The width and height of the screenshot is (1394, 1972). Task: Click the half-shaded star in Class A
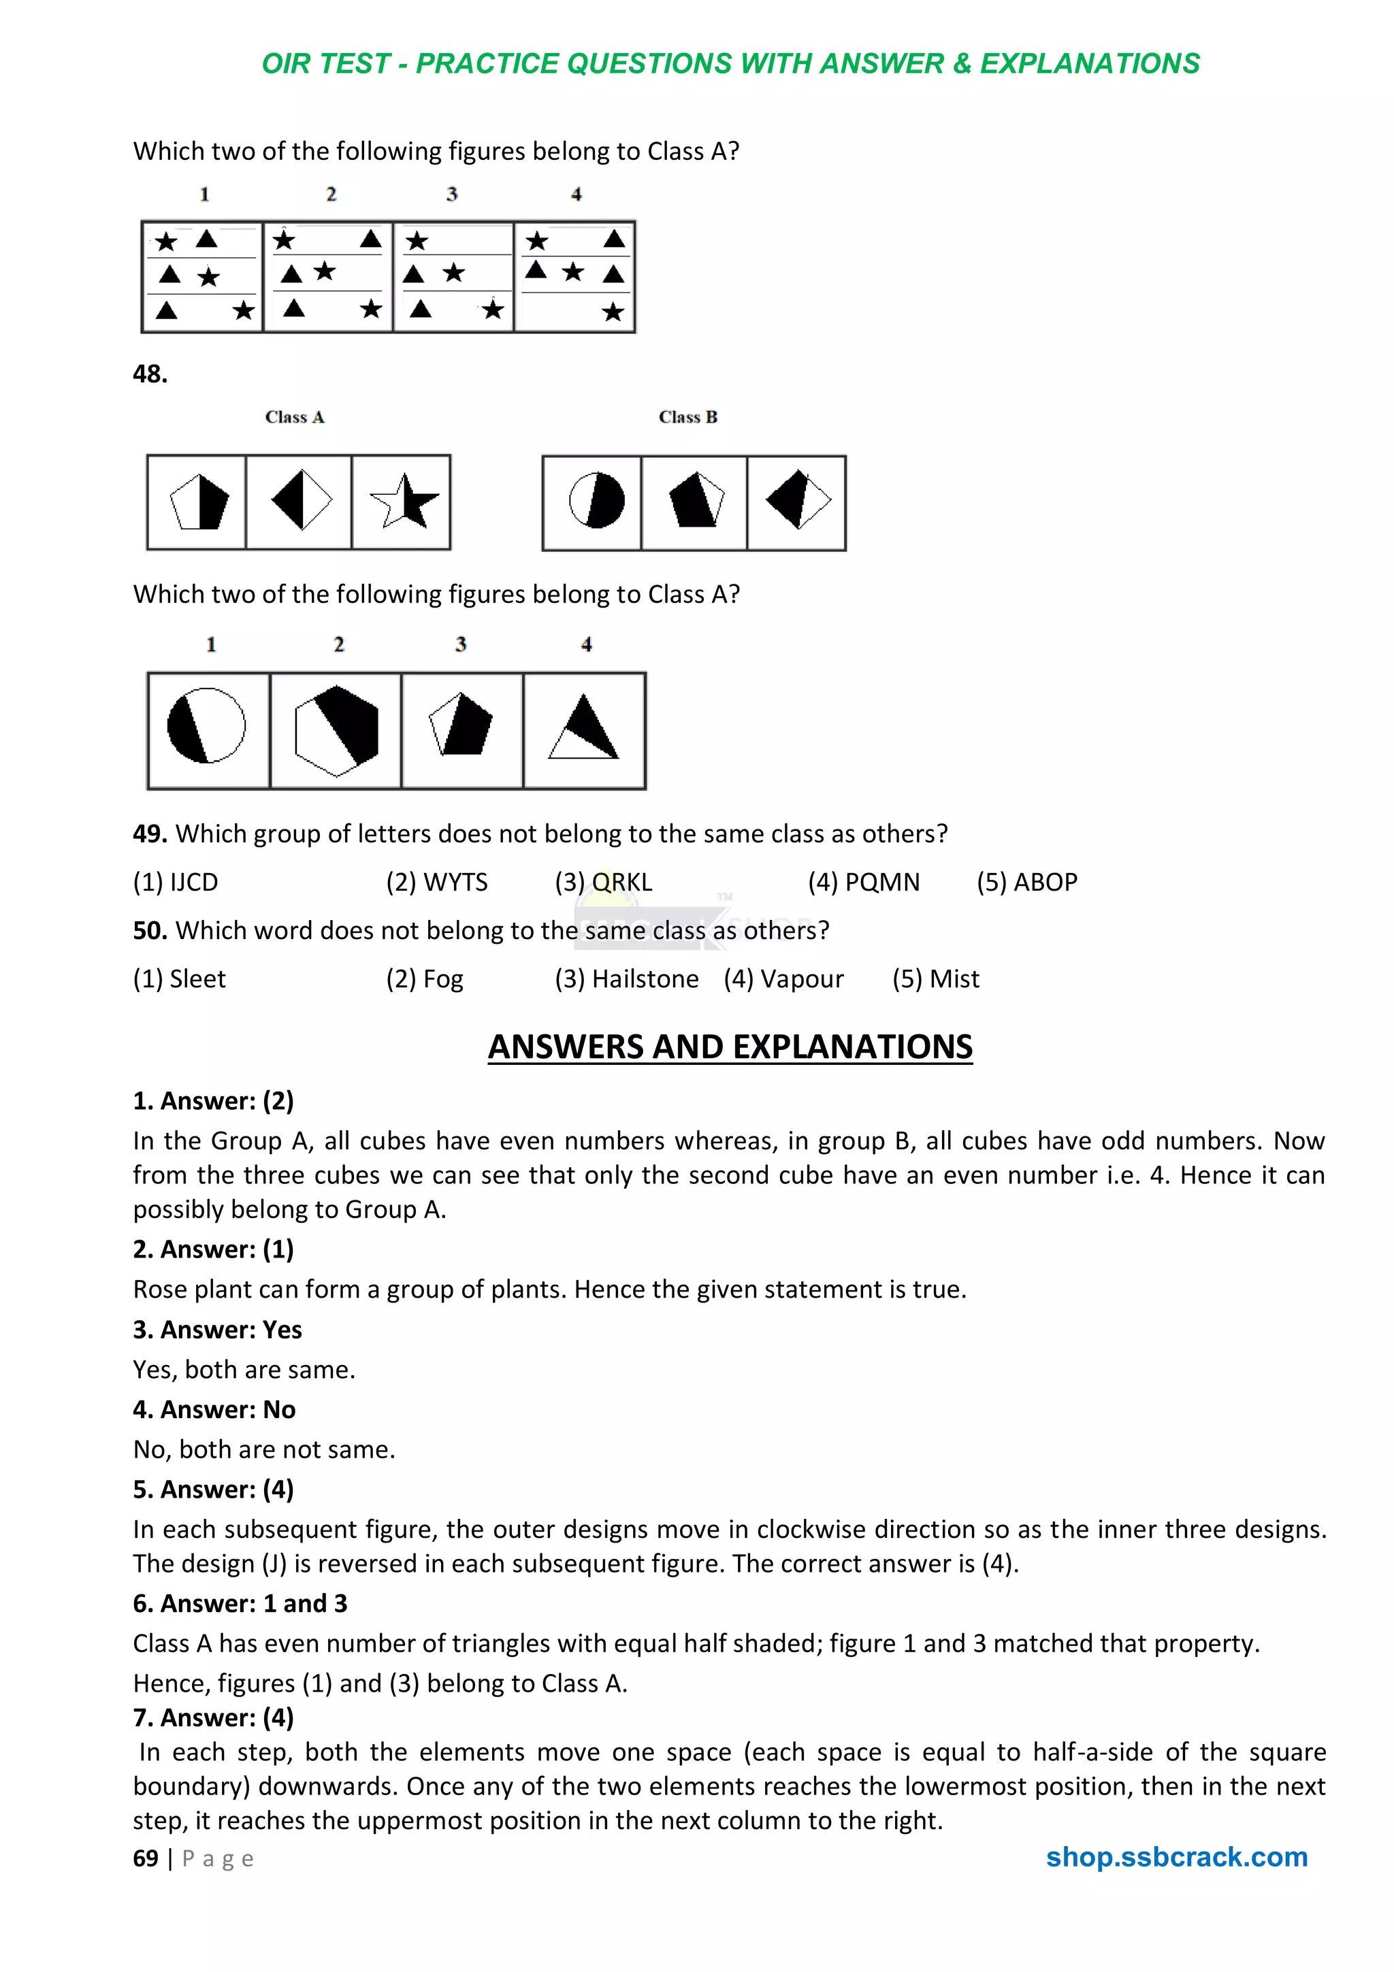(x=403, y=501)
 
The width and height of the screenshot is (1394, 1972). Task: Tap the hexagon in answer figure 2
(x=336, y=730)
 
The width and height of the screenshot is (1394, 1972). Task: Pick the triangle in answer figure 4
(x=584, y=730)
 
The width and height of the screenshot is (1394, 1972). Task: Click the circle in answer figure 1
(x=206, y=726)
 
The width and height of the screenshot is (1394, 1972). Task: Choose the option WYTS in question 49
(x=436, y=882)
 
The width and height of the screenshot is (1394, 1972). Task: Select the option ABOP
(x=1026, y=882)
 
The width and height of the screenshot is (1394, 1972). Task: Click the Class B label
(x=687, y=417)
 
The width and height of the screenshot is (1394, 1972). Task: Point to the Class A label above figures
(x=295, y=417)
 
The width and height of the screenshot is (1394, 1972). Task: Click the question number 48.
(x=150, y=374)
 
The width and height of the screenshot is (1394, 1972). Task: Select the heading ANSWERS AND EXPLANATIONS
(x=730, y=1047)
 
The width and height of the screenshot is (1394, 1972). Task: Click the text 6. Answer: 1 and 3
(x=240, y=1604)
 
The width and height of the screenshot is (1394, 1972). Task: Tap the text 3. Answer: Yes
(x=217, y=1330)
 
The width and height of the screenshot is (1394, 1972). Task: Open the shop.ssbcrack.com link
(x=1176, y=1857)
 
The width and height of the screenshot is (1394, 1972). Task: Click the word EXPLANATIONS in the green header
(x=1089, y=63)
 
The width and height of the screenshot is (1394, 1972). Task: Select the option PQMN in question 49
(x=863, y=882)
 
